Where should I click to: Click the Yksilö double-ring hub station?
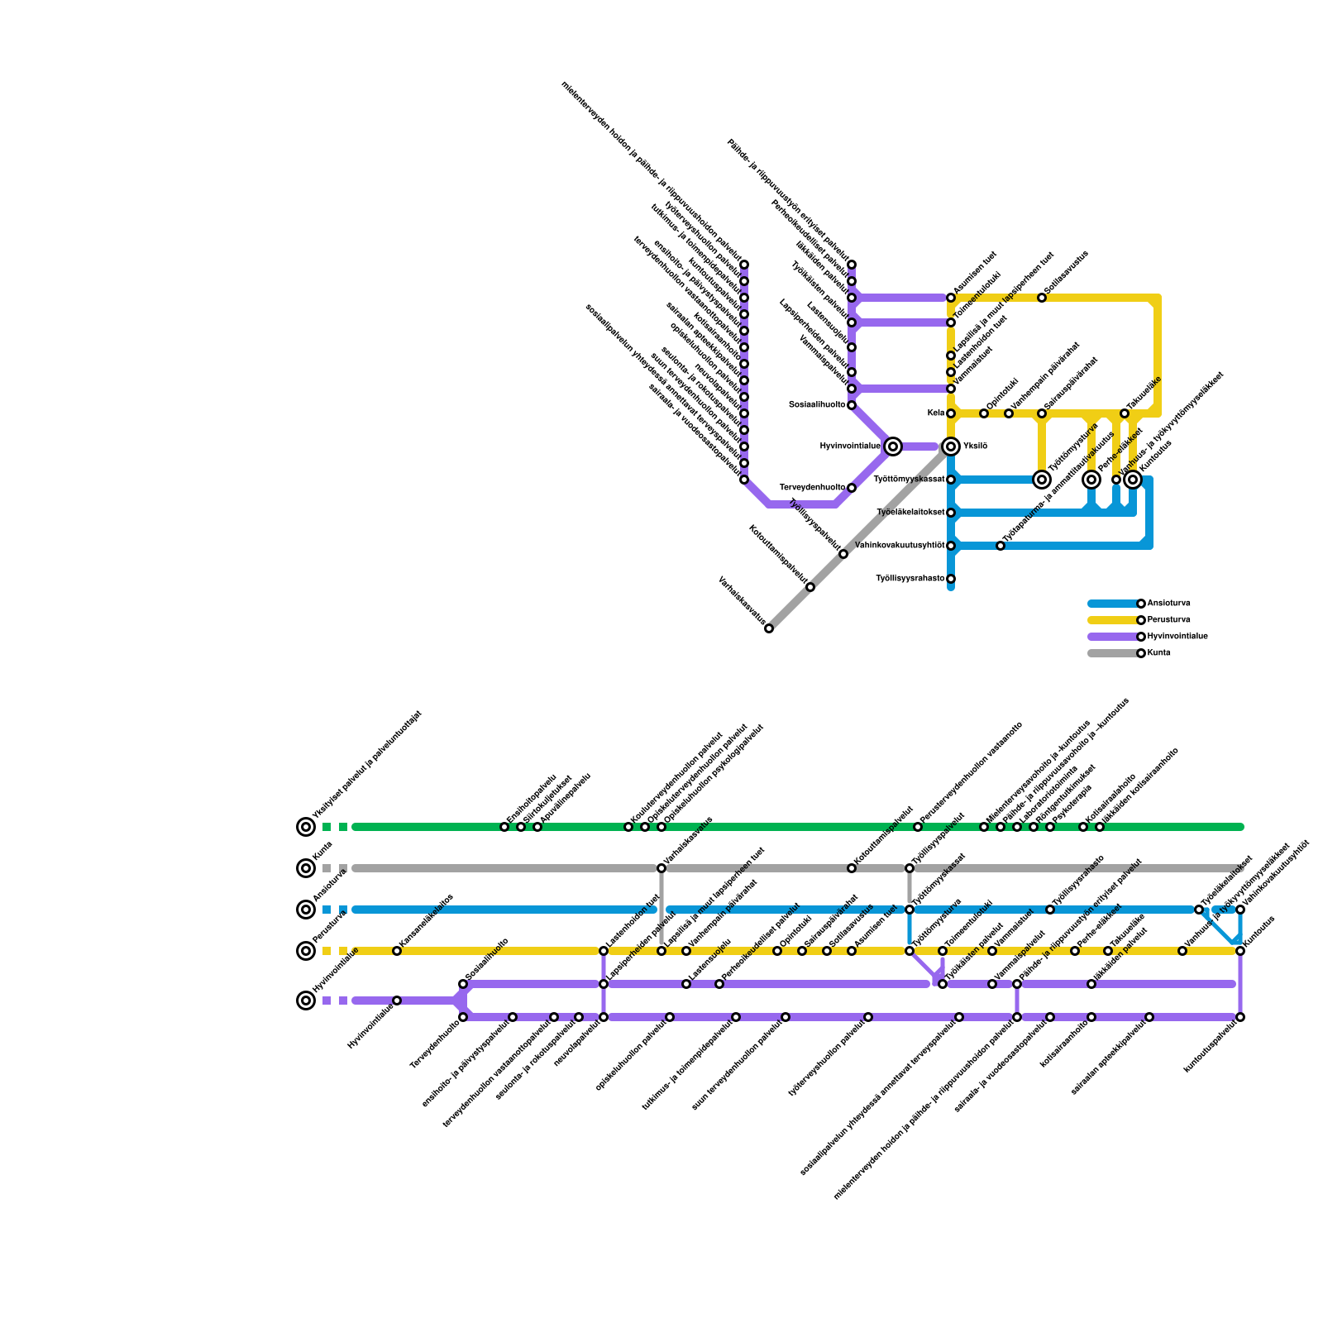(951, 447)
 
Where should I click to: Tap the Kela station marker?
(951, 413)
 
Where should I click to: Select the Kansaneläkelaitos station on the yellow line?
(397, 951)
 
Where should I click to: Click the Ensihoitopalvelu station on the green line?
(504, 827)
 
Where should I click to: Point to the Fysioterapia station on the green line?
(1050, 827)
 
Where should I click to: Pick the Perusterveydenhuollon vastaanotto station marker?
(918, 827)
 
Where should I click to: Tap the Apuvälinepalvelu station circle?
(537, 827)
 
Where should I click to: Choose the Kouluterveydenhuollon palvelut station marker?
(628, 827)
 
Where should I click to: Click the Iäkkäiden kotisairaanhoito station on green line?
(1100, 827)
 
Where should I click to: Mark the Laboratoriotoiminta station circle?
(1017, 827)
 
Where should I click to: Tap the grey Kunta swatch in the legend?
(1112, 653)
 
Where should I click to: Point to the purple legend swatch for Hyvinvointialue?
(1112, 637)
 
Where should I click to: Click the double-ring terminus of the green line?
(306, 827)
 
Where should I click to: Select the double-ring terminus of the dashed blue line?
(306, 910)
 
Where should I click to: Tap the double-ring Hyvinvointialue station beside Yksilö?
(893, 447)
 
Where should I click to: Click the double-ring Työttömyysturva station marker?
(1042, 480)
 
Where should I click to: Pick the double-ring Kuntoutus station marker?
(1133, 480)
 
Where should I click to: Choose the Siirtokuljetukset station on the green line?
(521, 827)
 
